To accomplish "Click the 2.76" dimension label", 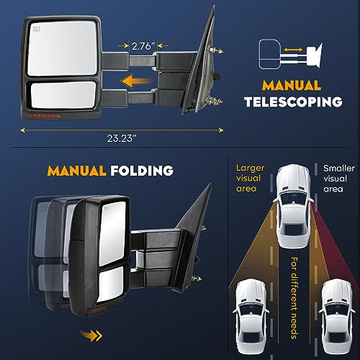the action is (x=143, y=46).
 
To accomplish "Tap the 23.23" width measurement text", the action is (x=122, y=138).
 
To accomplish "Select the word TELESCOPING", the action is (x=293, y=102).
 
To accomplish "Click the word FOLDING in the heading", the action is (x=142, y=171).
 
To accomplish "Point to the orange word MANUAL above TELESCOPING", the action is (x=292, y=86).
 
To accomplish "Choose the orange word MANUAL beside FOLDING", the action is (x=76, y=171).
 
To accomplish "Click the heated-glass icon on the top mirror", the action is (x=37, y=30).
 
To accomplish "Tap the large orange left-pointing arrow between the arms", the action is (x=136, y=81).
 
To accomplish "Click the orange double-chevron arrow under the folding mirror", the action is (x=91, y=335).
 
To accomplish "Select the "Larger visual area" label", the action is (x=250, y=179).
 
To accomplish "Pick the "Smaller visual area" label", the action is (x=339, y=179).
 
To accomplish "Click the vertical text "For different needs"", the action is (x=294, y=297).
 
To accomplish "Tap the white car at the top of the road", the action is (x=294, y=207).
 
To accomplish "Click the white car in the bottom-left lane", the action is (x=251, y=320).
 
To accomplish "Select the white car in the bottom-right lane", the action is (x=337, y=320).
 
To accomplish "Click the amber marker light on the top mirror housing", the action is (x=45, y=116).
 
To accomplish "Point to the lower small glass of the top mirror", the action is (x=63, y=95).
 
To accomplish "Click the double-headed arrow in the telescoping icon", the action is (x=293, y=50).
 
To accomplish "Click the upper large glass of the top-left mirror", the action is (x=62, y=48).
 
